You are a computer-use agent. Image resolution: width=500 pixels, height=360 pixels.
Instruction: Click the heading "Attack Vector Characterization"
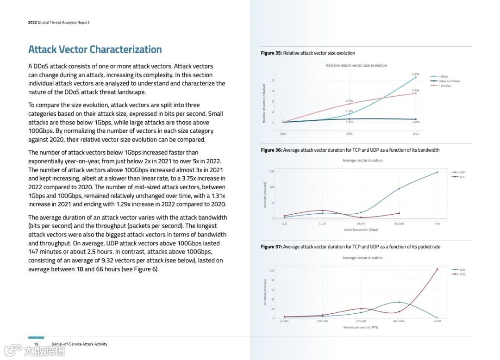(95, 50)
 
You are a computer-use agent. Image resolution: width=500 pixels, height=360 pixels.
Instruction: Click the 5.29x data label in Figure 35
(415, 74)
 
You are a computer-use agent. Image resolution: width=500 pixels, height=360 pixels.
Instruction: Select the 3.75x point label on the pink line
(415, 90)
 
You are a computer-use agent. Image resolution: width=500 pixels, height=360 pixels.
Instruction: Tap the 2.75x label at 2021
(349, 100)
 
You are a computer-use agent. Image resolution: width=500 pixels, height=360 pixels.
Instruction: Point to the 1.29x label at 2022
(415, 122)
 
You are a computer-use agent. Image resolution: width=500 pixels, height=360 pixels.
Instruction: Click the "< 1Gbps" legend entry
(443, 76)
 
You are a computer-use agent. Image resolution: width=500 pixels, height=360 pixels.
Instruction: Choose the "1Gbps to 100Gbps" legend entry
(449, 81)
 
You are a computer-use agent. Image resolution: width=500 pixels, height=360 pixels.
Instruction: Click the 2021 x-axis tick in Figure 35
(349, 134)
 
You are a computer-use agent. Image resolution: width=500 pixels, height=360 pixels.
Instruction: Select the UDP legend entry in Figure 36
(462, 172)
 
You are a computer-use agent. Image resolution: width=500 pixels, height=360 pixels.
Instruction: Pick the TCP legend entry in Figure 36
(462, 177)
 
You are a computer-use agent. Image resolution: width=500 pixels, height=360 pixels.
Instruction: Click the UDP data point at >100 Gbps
(437, 173)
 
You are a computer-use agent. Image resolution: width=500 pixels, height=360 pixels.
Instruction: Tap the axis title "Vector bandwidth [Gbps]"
(361, 230)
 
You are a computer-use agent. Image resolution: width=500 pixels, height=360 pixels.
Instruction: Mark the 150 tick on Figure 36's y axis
(279, 172)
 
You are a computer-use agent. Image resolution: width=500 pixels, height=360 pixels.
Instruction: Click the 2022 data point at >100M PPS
(437, 269)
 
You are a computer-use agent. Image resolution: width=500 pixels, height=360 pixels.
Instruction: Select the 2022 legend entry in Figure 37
(462, 274)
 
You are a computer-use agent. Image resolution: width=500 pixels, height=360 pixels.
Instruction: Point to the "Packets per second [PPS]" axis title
(361, 327)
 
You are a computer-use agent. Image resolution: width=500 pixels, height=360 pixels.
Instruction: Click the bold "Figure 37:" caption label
(271, 247)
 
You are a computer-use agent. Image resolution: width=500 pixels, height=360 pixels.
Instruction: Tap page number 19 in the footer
(36, 344)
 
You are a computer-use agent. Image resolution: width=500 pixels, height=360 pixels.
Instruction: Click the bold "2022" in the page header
(32, 22)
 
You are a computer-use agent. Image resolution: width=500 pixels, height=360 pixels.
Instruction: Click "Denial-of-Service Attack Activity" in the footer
(79, 344)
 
